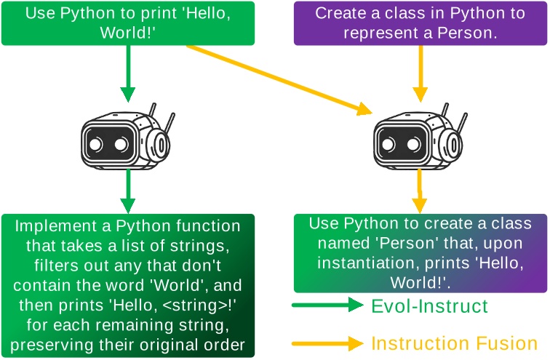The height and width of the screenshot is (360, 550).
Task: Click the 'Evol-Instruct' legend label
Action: click(429, 306)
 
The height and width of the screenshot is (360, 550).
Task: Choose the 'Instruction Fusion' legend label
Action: click(455, 343)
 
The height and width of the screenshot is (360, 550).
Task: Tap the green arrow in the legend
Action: click(327, 306)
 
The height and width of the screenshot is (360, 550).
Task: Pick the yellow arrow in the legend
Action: click(327, 343)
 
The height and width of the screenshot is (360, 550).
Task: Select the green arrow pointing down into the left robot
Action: click(128, 73)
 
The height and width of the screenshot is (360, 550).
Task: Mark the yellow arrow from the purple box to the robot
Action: click(420, 73)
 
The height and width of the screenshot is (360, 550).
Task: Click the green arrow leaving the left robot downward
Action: click(128, 191)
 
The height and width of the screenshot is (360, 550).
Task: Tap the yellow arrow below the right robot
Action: click(420, 191)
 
